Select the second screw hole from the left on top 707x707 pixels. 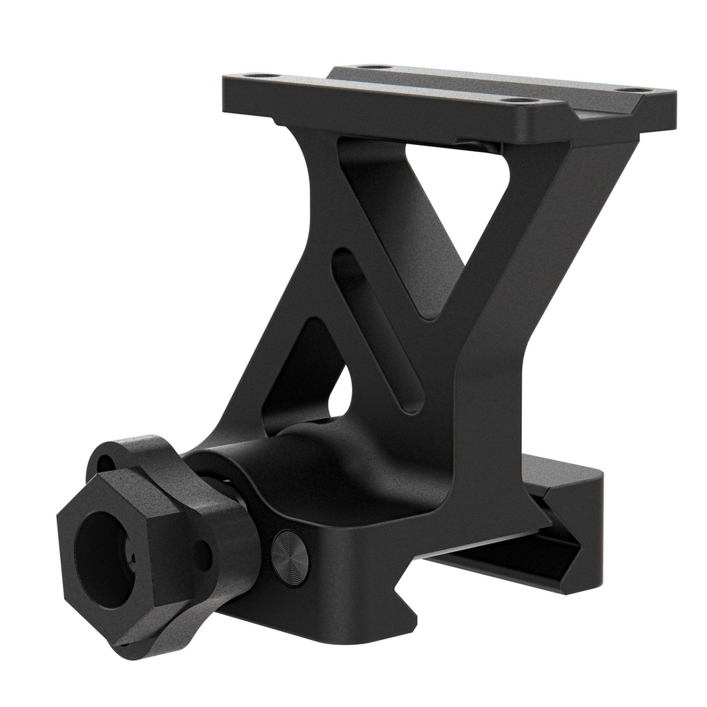click(376, 67)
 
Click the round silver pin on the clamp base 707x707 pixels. click(289, 558)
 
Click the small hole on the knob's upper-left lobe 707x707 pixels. click(104, 461)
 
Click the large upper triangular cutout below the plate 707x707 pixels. click(442, 207)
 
